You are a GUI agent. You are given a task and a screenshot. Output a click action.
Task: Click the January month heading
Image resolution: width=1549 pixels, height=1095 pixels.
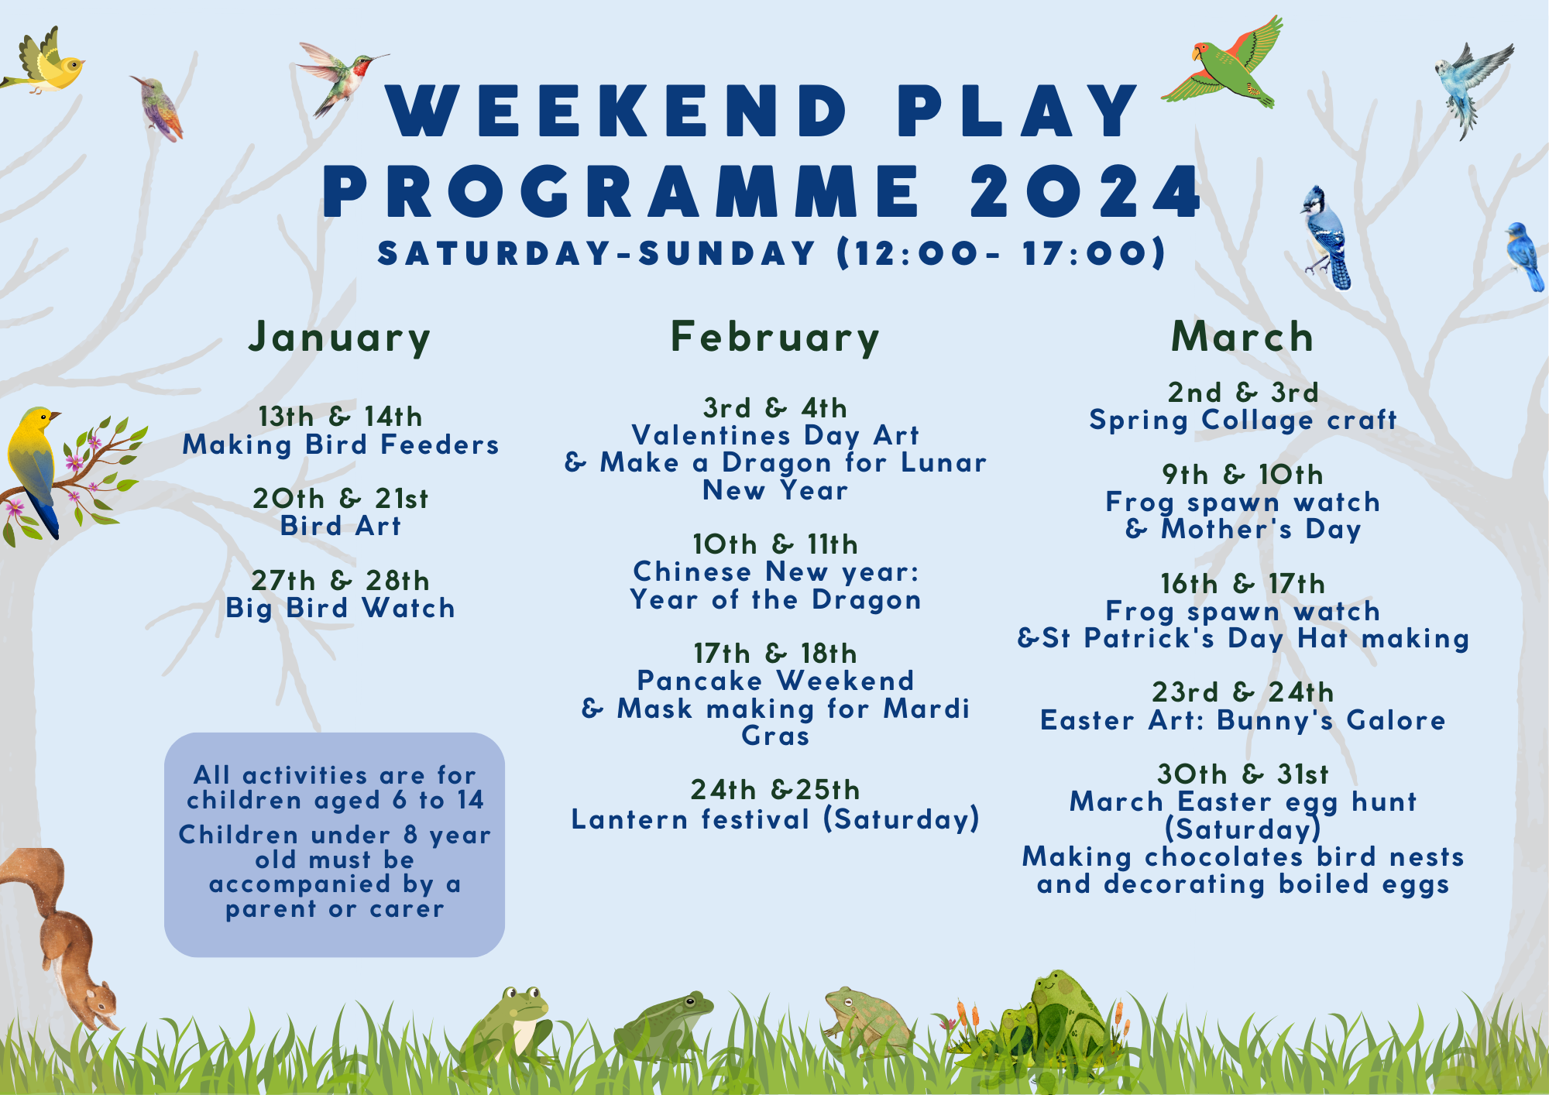coord(339,338)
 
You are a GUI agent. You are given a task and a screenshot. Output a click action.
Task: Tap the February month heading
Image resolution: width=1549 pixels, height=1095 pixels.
coord(775,338)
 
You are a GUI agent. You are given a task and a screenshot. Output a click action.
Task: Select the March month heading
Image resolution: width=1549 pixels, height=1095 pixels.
coord(1242,338)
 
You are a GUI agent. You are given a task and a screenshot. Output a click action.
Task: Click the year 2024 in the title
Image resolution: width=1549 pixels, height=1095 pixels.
coord(1086,191)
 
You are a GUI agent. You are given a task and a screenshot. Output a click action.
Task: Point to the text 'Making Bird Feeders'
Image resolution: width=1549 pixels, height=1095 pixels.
coord(341,445)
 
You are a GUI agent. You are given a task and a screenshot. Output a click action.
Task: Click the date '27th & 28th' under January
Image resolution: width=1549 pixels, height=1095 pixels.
coord(340,581)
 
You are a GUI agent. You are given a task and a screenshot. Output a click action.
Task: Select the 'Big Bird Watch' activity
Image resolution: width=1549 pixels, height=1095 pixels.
coord(340,609)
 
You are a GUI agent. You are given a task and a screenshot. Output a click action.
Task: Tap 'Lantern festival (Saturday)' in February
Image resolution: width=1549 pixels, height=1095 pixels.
coord(775,819)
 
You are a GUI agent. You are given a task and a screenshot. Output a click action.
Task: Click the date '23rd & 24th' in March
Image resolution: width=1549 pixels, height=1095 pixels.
coord(1242,692)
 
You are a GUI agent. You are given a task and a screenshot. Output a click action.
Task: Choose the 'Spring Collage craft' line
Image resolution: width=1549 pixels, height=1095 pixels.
coord(1242,420)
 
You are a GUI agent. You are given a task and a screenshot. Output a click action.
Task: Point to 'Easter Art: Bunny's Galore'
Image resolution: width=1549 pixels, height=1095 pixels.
coord(1242,721)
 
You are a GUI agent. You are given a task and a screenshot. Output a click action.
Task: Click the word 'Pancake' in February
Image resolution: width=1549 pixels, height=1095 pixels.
coord(699,681)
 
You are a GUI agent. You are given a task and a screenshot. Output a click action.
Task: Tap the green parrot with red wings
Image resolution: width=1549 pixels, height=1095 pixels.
coord(1224,66)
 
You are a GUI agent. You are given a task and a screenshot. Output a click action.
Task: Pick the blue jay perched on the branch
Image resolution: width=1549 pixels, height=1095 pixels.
coord(1326,236)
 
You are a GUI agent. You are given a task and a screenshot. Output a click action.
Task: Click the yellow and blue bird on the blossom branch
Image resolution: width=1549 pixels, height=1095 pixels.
coord(35,465)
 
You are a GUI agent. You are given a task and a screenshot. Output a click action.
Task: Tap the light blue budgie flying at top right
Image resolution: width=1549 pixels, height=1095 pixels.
coord(1468,85)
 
